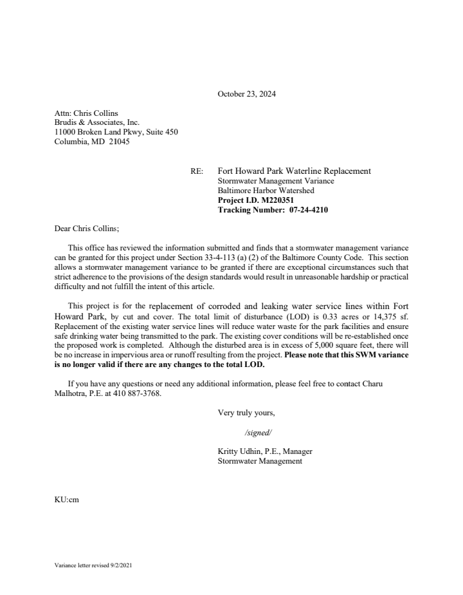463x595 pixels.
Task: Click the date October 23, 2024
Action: [x=246, y=94]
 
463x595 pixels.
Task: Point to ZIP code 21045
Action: [x=119, y=142]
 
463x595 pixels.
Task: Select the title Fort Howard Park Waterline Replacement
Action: [x=294, y=171]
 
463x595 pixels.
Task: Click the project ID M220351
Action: [x=277, y=200]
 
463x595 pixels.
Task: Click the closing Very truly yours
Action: [x=246, y=412]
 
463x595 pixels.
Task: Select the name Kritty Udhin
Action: [x=242, y=451]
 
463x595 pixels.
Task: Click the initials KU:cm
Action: [x=66, y=498]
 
